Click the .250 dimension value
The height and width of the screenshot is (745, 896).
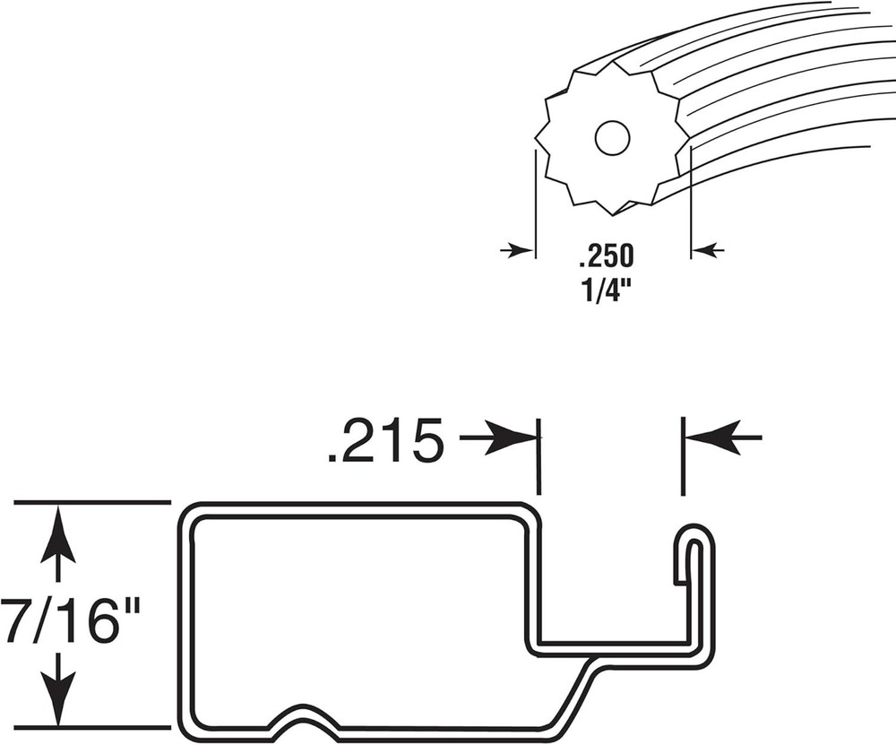coord(607,256)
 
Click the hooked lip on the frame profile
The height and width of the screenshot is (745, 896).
coord(694,547)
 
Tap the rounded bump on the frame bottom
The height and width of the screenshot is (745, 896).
coord(300,713)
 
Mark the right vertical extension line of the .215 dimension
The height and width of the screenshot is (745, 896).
coord(683,455)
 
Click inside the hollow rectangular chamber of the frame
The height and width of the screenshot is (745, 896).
coord(358,610)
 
